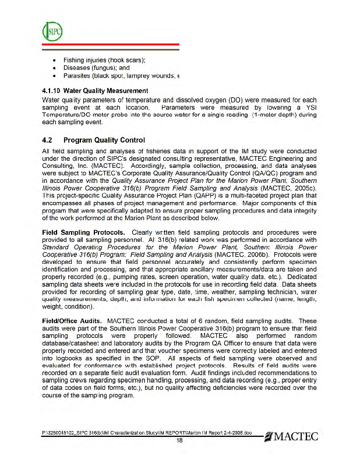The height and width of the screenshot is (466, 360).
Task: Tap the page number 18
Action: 180,441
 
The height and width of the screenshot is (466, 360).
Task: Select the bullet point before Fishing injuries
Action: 54,61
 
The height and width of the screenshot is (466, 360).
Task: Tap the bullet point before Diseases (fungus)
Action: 54,68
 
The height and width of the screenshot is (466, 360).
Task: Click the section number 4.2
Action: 49,140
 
